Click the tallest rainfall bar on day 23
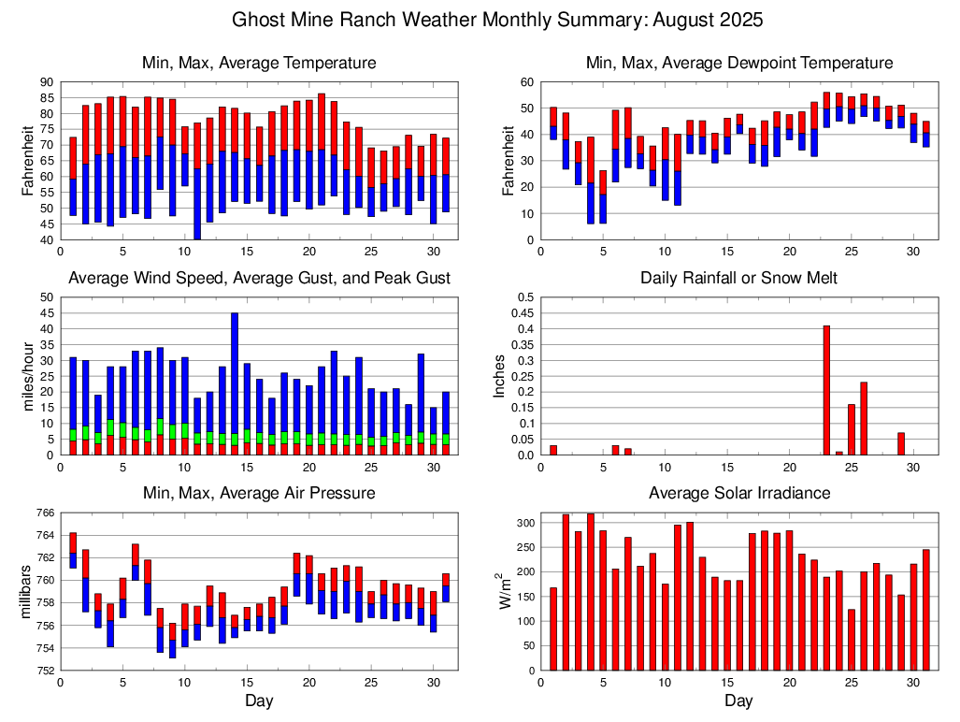[x=826, y=390]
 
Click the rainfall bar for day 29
[x=901, y=443]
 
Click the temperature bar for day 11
[x=197, y=178]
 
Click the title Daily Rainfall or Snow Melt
[x=738, y=278]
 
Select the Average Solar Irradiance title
[x=738, y=493]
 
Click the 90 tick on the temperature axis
[x=46, y=82]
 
